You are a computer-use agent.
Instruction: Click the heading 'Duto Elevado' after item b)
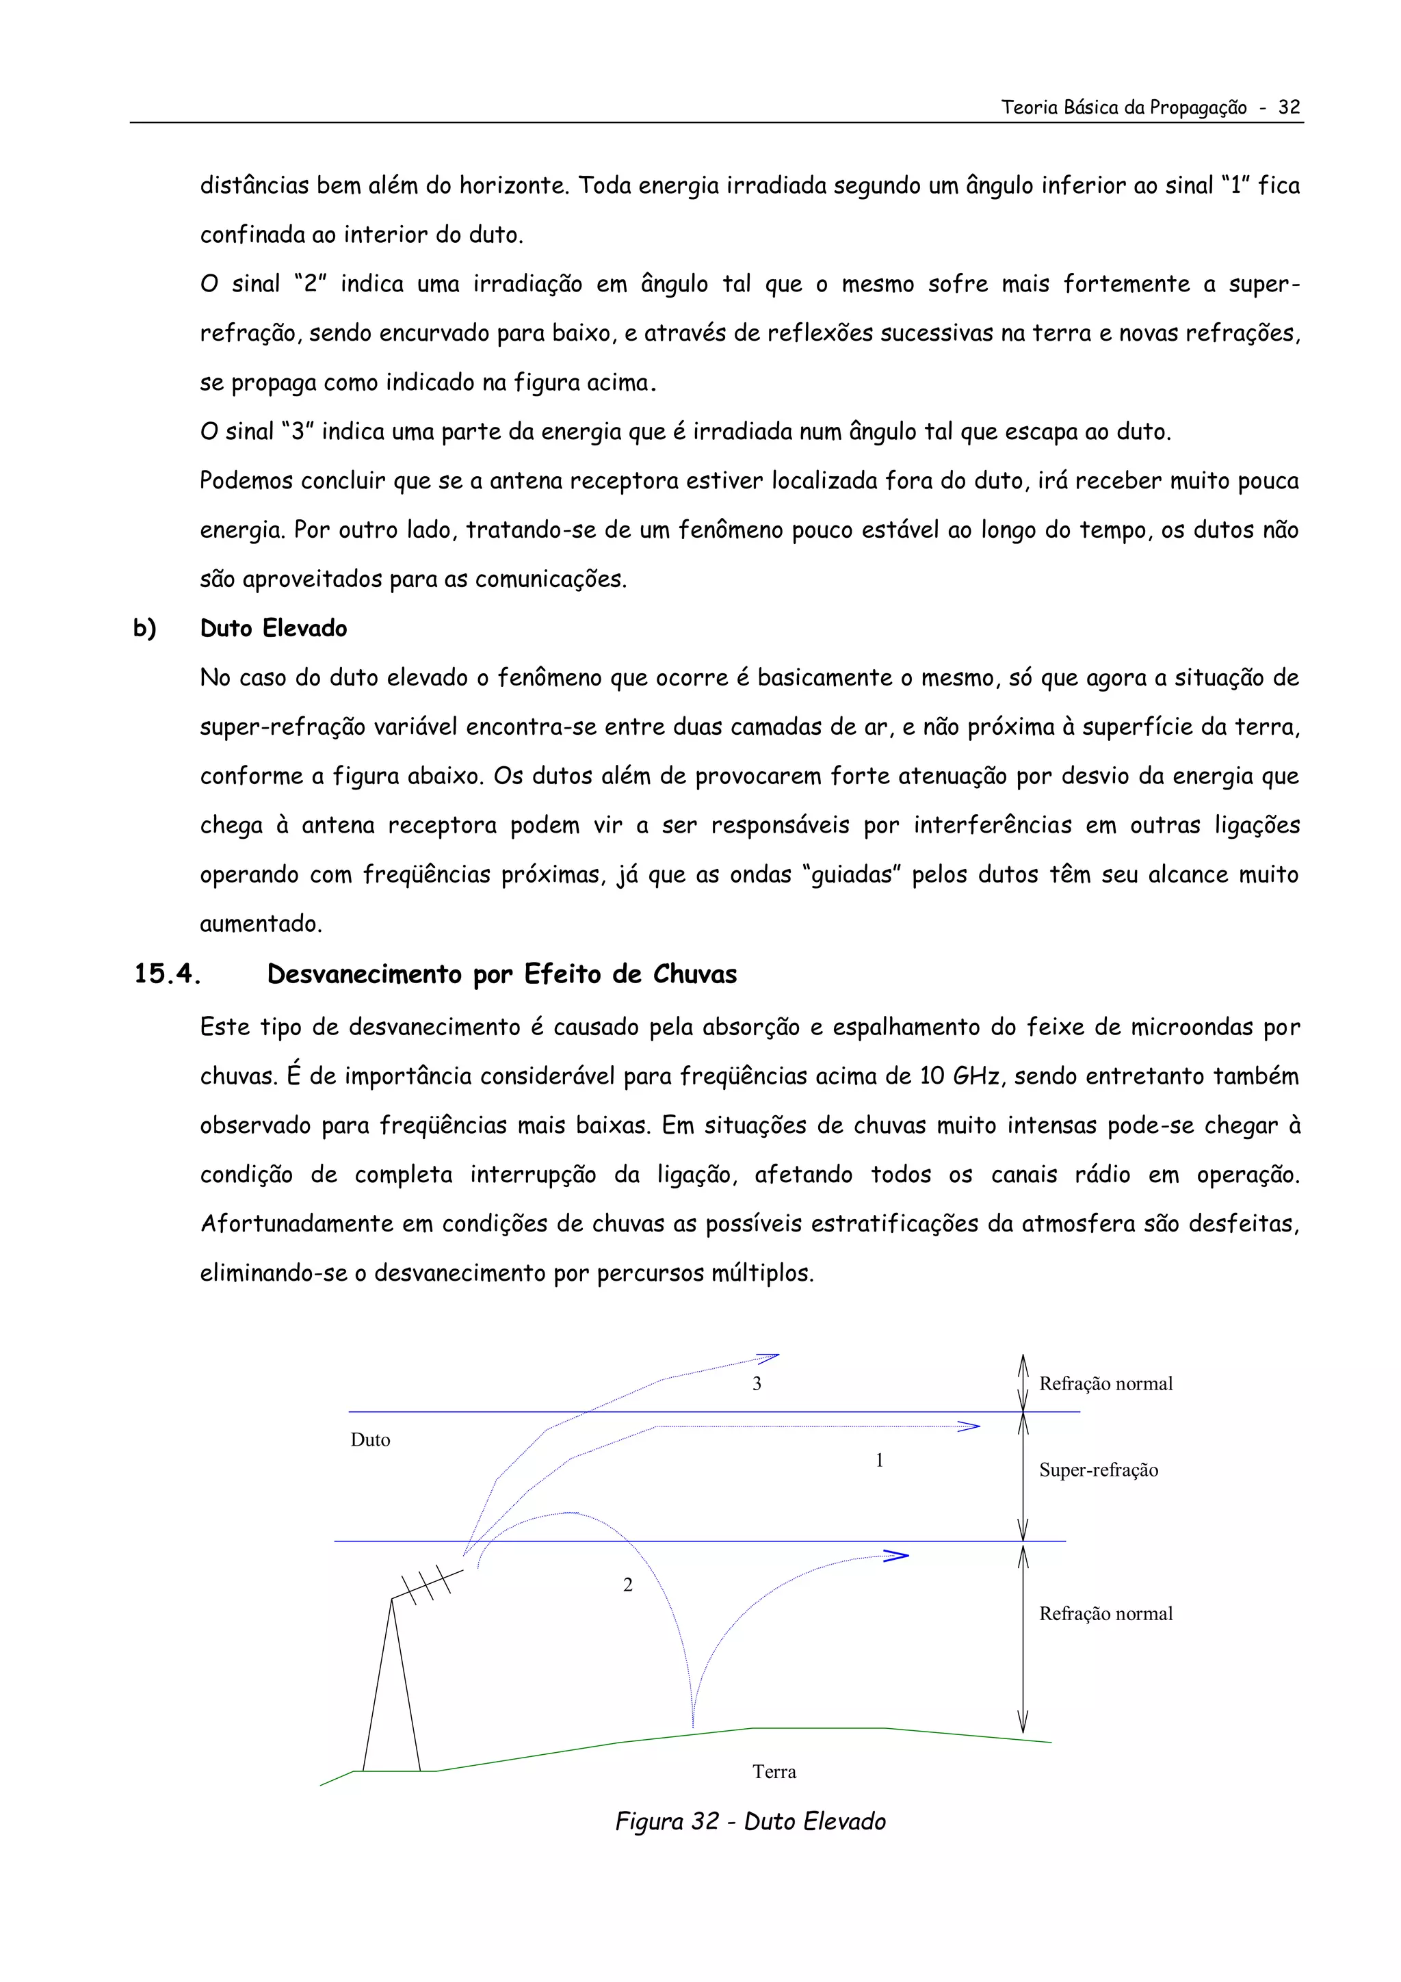point(273,629)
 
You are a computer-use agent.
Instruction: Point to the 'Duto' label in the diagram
point(370,1440)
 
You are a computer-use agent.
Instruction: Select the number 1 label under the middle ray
point(879,1461)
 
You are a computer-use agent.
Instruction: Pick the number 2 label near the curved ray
point(627,1585)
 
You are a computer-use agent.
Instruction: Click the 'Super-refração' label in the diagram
point(1098,1470)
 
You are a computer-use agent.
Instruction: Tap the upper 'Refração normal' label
point(1105,1384)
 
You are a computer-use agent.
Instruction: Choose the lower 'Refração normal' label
point(1105,1613)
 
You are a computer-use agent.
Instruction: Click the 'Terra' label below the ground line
point(774,1771)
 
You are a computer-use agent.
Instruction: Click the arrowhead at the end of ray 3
point(770,1359)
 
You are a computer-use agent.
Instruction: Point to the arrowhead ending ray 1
point(970,1427)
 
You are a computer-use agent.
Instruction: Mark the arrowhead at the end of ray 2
point(898,1556)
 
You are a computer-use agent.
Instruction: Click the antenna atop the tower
point(430,1584)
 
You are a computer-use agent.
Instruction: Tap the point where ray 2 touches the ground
point(693,1727)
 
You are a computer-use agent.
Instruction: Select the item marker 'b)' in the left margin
point(144,629)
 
